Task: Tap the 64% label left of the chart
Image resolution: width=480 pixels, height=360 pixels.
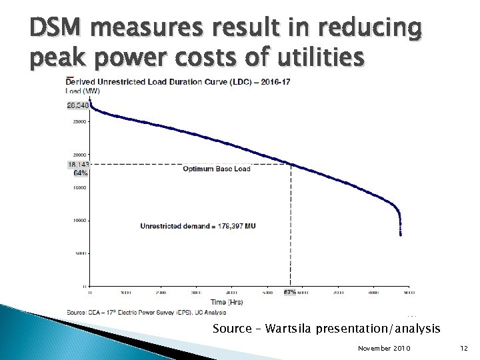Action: tap(80, 173)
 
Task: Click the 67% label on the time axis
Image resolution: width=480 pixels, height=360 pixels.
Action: tap(290, 292)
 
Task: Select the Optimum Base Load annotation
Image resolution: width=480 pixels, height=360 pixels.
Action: tap(217, 169)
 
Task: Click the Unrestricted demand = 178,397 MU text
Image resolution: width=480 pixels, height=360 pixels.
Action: tap(198, 226)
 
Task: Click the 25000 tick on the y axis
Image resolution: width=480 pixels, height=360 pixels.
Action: tap(80, 122)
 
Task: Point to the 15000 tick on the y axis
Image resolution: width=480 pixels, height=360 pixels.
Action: tap(80, 187)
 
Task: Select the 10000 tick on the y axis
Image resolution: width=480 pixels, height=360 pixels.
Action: tap(80, 220)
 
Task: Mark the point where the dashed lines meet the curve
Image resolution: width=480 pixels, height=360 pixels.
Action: tap(291, 164)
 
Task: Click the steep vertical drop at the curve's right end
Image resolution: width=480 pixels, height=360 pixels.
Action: tap(400, 220)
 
